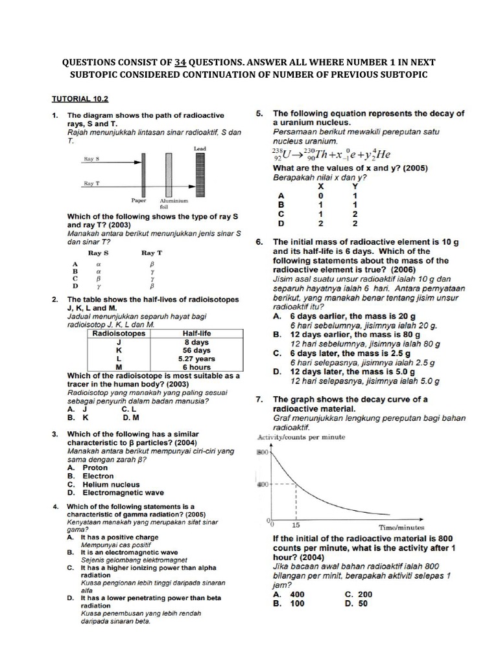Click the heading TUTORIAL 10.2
tap(80, 99)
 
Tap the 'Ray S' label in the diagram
tap(91, 158)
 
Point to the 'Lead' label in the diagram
tap(200, 148)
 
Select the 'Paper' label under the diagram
tap(139, 201)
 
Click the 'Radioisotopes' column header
tap(119, 333)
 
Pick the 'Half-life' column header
tap(196, 333)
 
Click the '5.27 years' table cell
tap(196, 359)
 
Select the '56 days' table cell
tap(196, 350)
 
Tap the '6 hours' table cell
tap(196, 367)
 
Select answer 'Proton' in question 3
tap(95, 467)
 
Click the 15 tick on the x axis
tap(296, 526)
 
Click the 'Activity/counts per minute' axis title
tap(302, 437)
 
